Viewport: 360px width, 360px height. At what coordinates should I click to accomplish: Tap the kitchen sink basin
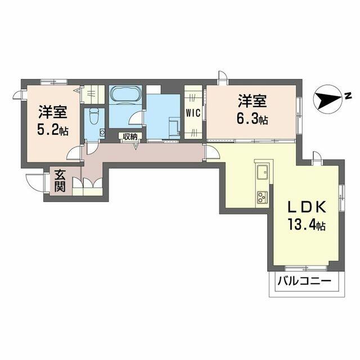tap(262, 171)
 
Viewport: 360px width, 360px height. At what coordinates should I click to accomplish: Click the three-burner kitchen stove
tap(262, 197)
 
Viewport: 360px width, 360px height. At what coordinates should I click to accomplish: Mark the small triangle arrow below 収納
tap(137, 145)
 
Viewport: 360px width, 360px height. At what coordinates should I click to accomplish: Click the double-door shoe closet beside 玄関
tap(91, 186)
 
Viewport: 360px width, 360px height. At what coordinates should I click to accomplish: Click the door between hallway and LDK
tap(210, 151)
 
